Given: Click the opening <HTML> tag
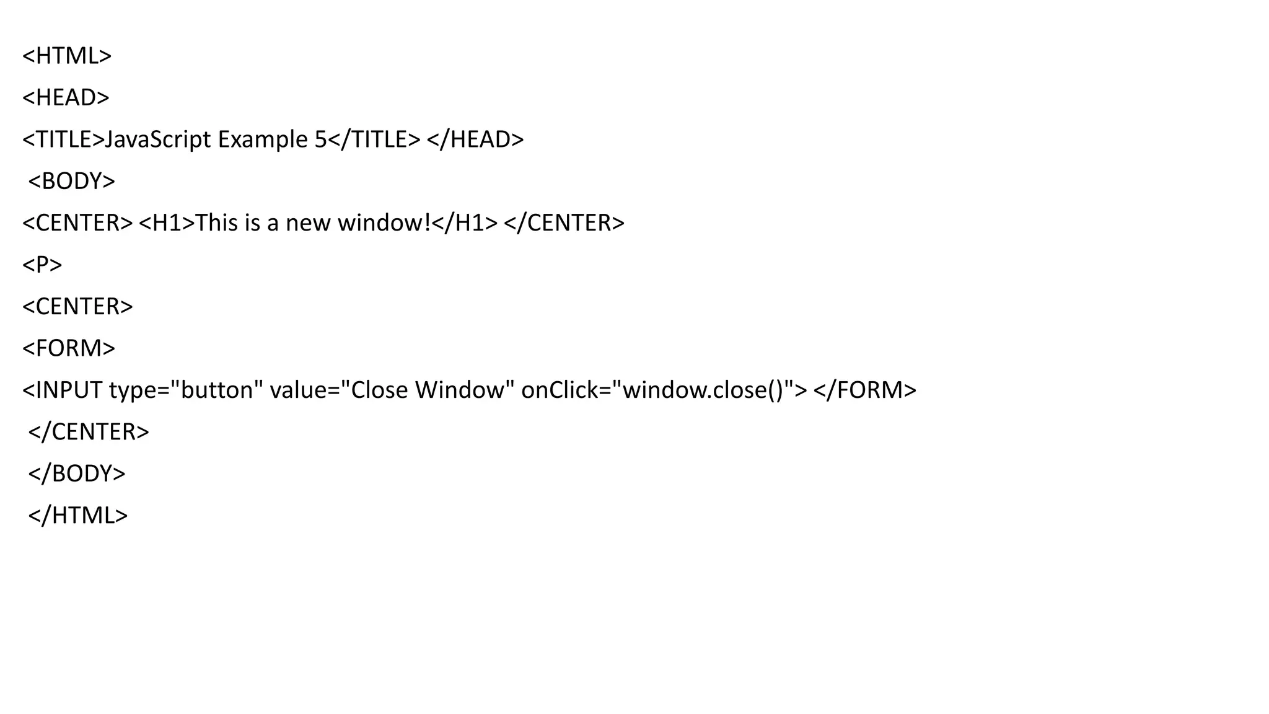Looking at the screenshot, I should [x=67, y=56].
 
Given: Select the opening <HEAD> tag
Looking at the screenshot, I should [x=66, y=97].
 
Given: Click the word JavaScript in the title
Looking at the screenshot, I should [x=157, y=139].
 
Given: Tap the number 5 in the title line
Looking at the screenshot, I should [x=320, y=139].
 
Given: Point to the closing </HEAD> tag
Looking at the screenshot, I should [x=475, y=139].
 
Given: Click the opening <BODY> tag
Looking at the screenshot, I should [x=72, y=181].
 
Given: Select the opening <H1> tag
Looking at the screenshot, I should [x=167, y=223].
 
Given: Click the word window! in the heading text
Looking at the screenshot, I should [x=384, y=223].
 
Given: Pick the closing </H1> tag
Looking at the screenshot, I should [x=465, y=223].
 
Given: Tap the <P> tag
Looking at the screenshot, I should [x=42, y=265].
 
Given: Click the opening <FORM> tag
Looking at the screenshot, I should [x=69, y=348].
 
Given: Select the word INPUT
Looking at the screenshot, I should [x=69, y=390].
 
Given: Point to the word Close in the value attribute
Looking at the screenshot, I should [x=379, y=390].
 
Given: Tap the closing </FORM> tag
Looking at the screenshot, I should [x=864, y=390].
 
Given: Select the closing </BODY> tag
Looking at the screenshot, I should [x=77, y=474].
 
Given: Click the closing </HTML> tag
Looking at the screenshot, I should [x=78, y=516].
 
